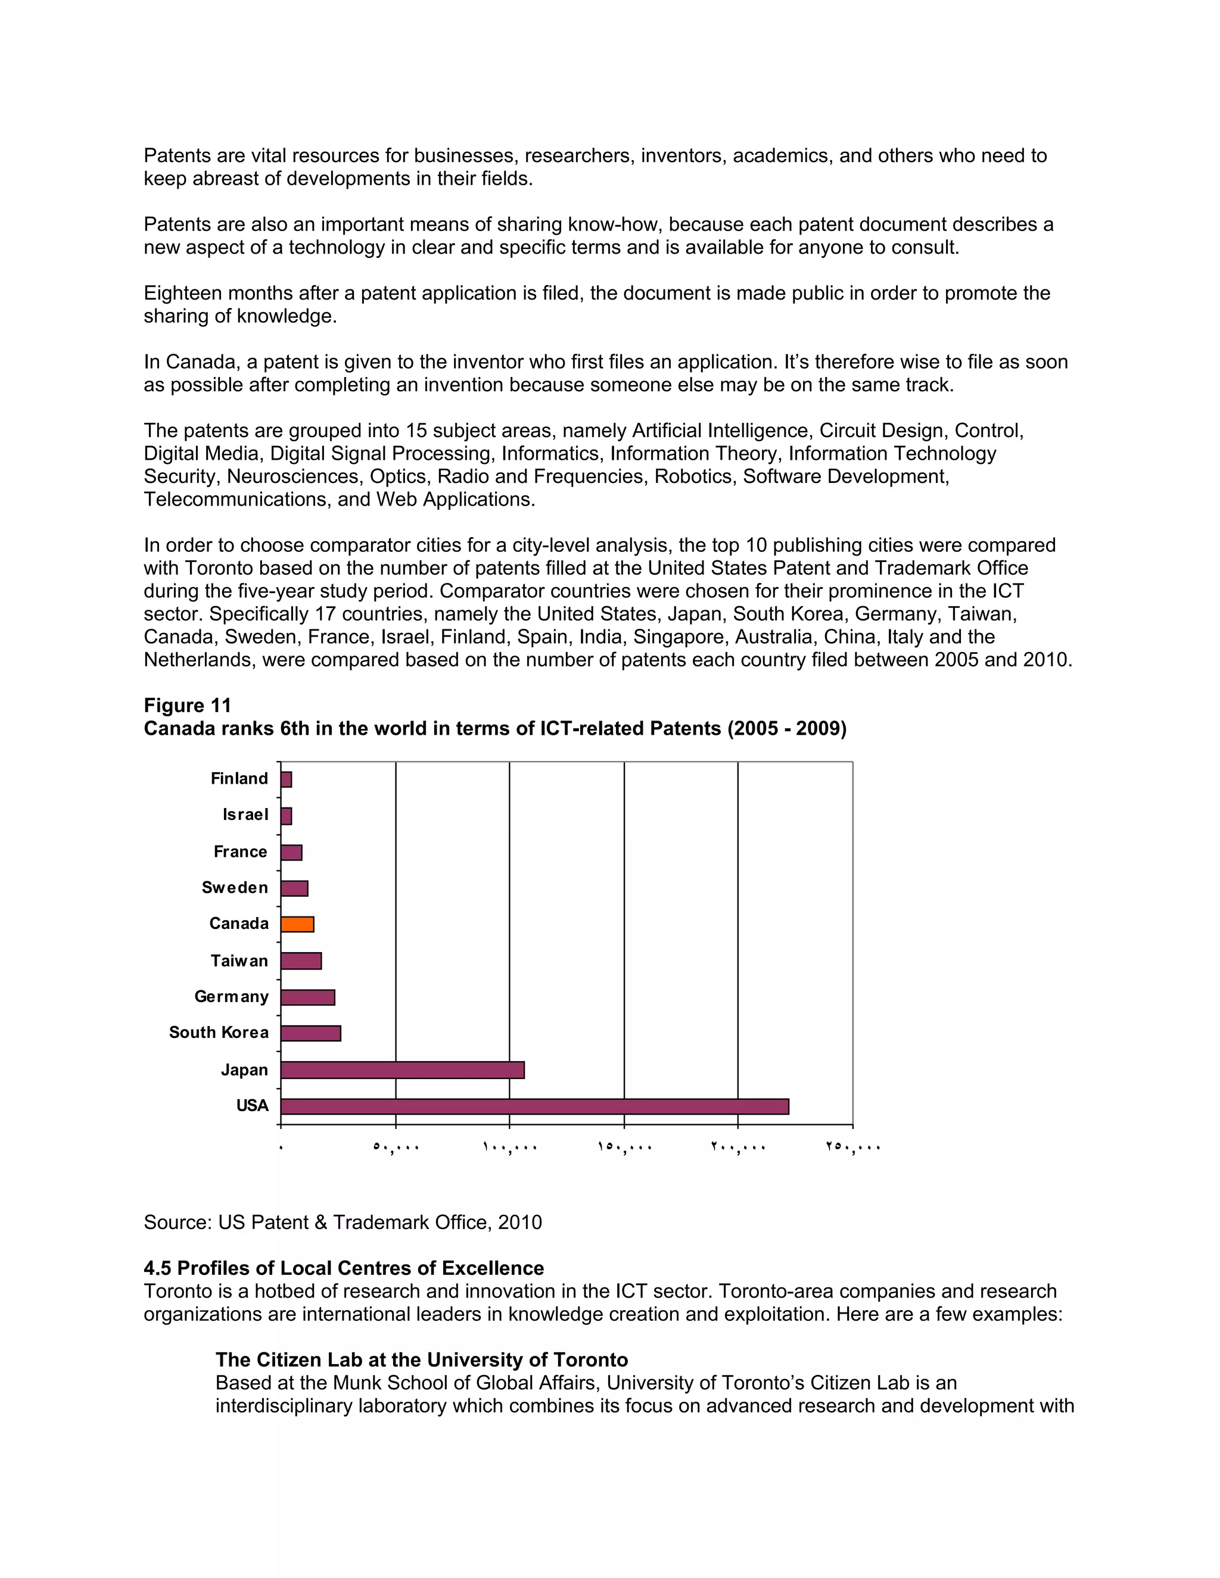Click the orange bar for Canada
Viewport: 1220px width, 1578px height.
pos(297,924)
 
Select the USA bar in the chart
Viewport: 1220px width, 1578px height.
pos(534,1106)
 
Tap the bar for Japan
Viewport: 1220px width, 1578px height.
pos(402,1069)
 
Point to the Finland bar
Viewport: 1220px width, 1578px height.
pos(286,779)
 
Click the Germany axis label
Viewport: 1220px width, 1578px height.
pos(231,996)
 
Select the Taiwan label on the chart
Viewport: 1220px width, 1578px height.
pos(239,960)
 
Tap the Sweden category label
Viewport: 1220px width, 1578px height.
pos(235,887)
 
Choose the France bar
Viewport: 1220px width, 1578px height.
pos(291,852)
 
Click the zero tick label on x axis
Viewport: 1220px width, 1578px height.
pos(281,1147)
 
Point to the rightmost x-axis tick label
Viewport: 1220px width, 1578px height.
pos(853,1147)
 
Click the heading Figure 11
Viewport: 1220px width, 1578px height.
pos(187,705)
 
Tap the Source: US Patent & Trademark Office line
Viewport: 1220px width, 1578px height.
pos(343,1222)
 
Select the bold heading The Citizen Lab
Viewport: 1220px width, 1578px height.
pos(421,1360)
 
